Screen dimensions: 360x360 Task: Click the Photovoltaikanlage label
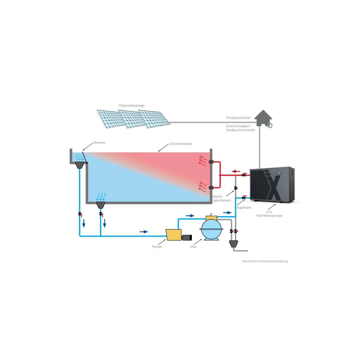[x=131, y=106]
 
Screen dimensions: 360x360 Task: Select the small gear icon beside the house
[x=269, y=125]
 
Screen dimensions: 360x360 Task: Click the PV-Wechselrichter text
[x=238, y=118]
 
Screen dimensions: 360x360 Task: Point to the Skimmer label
[x=99, y=142]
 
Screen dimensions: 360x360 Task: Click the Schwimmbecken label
[x=181, y=144]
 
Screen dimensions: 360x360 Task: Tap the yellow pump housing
[x=174, y=235]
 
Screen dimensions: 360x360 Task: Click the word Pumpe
[x=157, y=247]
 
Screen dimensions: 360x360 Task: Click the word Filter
[x=193, y=247]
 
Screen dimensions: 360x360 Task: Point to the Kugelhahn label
[x=244, y=208]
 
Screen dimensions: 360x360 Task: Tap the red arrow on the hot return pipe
[x=236, y=171]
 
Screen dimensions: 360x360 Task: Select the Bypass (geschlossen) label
[x=222, y=198]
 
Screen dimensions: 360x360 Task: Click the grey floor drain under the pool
[x=100, y=205]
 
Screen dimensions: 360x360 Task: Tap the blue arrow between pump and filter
[x=190, y=216]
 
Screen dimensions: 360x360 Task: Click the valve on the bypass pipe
[x=236, y=188]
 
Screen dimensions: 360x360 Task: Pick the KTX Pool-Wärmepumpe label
[x=269, y=214]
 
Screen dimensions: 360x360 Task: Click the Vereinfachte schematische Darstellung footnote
[x=265, y=261]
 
